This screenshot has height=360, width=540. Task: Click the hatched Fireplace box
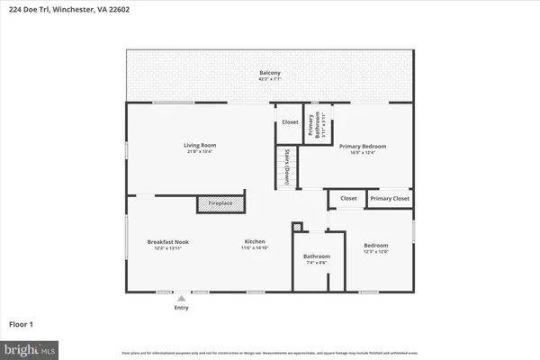pyautogui.click(x=220, y=203)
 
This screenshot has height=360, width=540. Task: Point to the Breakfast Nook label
pyautogui.click(x=168, y=241)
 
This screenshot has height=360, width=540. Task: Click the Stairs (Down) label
pyautogui.click(x=286, y=166)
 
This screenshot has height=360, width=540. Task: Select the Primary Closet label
pyautogui.click(x=390, y=198)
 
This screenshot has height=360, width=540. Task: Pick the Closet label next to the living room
pyautogui.click(x=289, y=121)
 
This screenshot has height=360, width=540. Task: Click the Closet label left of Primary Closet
pyautogui.click(x=348, y=198)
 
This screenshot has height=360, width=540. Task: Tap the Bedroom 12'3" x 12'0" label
pyautogui.click(x=375, y=245)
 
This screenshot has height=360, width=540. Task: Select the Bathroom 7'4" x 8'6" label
pyautogui.click(x=316, y=256)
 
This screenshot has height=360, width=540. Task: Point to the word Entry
pyautogui.click(x=182, y=308)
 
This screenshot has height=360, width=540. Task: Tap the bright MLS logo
pyautogui.click(x=31, y=349)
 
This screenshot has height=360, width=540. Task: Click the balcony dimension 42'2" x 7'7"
pyautogui.click(x=270, y=79)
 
